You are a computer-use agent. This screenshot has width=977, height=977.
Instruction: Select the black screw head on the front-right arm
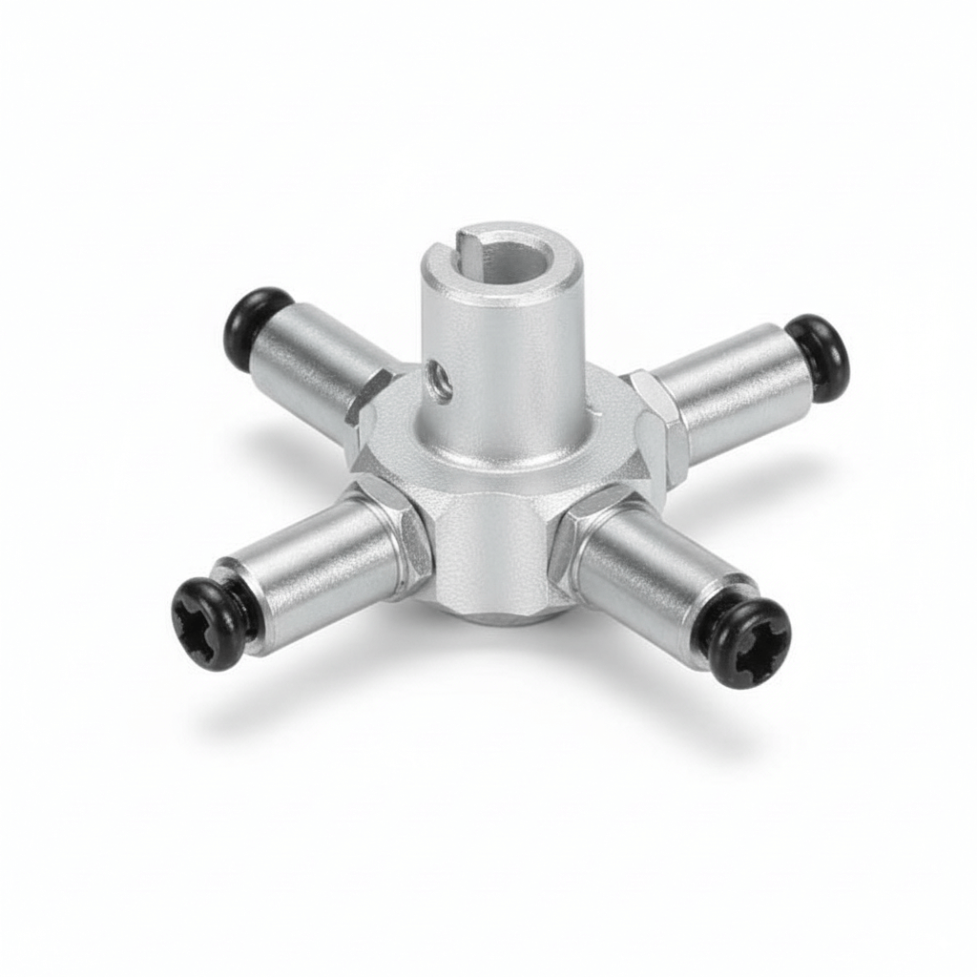coord(750,643)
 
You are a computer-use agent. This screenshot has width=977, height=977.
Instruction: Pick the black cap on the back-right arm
coord(819,356)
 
